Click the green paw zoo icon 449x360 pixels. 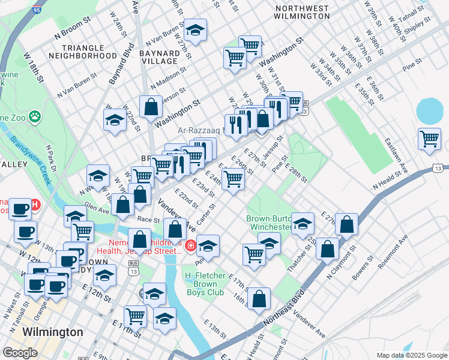coord(35,115)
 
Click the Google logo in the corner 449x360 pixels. coord(20,353)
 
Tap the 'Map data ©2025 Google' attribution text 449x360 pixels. coord(411,355)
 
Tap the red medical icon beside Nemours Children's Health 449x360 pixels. coord(190,245)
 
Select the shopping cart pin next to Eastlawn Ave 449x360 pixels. coord(430,139)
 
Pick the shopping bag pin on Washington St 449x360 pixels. coord(151,107)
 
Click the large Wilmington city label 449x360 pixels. coord(52,332)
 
